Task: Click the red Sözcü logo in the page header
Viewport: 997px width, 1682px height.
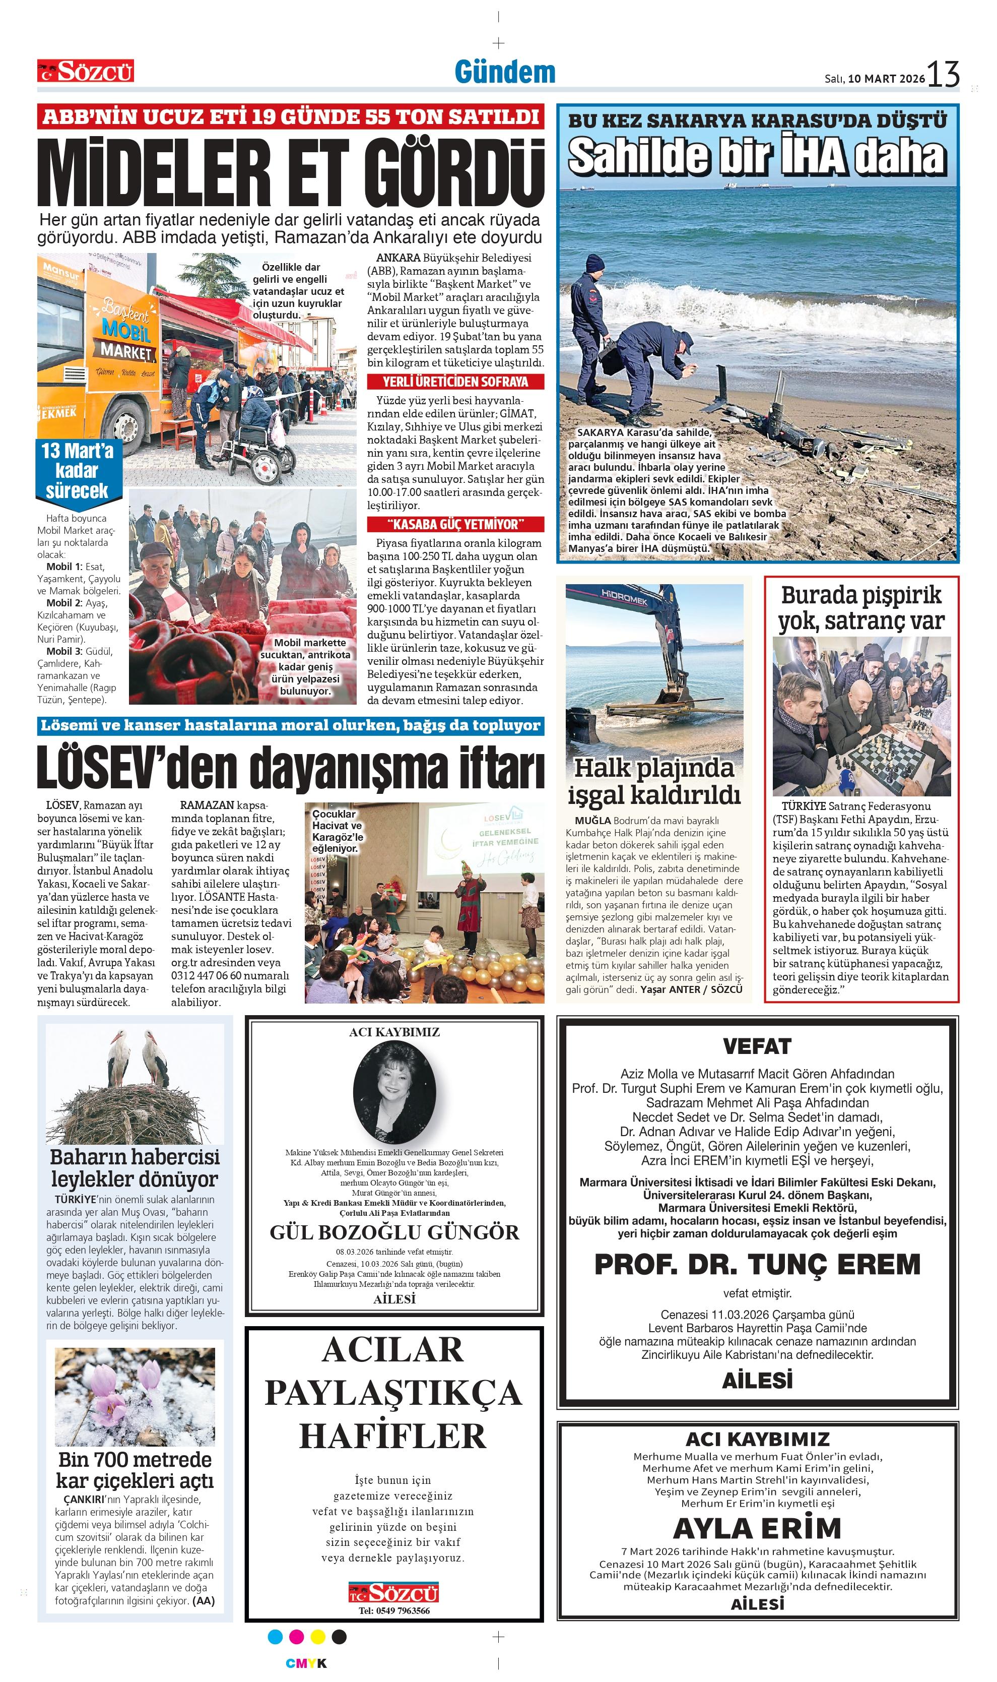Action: [x=85, y=71]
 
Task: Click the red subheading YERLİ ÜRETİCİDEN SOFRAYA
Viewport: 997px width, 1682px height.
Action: [x=455, y=382]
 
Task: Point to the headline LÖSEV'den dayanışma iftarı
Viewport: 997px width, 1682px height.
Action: [x=290, y=768]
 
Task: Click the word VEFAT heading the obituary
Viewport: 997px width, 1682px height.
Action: [x=757, y=1046]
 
